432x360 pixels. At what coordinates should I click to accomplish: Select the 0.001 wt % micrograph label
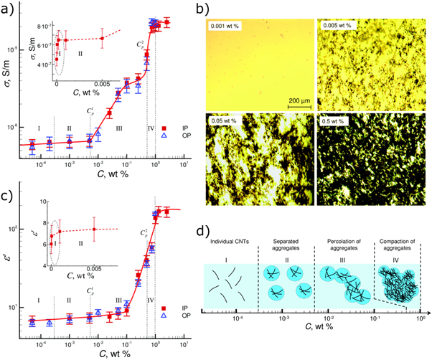click(x=227, y=27)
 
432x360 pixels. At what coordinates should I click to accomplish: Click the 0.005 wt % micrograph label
click(x=336, y=27)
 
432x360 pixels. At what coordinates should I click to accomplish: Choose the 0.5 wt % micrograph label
click(x=334, y=120)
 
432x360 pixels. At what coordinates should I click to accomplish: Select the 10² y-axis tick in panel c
click(x=22, y=229)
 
